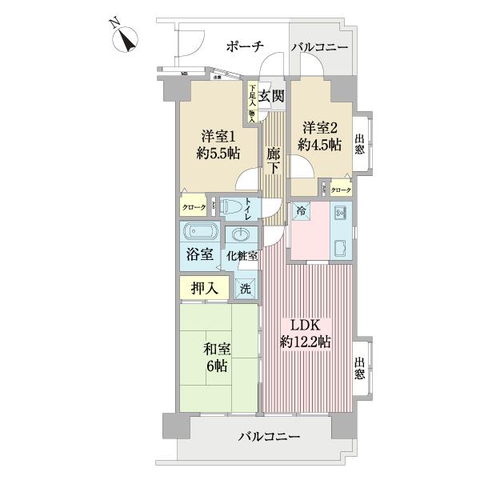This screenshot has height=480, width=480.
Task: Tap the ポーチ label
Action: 245,47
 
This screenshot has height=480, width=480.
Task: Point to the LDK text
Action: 305,326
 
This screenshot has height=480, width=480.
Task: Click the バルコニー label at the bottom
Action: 270,438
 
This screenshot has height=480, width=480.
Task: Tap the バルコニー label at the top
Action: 319,48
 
